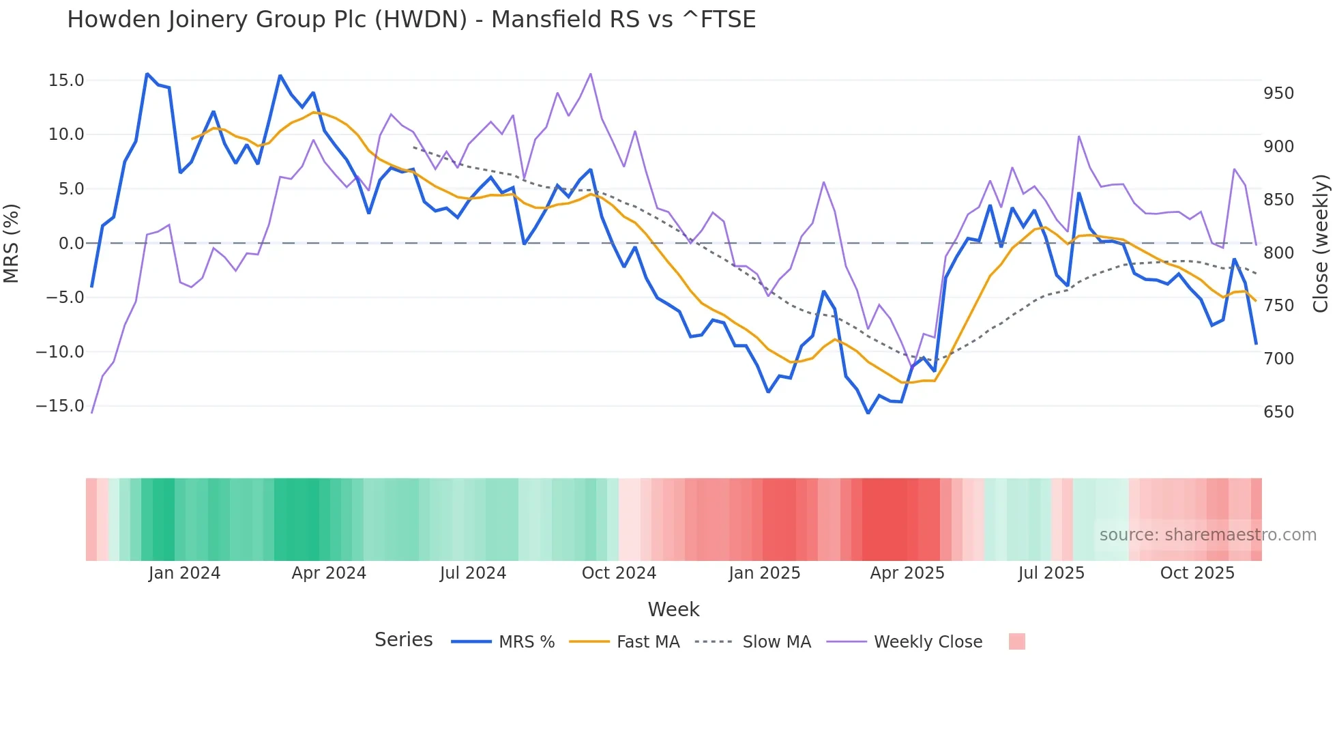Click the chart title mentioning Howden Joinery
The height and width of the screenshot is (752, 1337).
click(x=411, y=19)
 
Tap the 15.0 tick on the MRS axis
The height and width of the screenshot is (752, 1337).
click(x=66, y=81)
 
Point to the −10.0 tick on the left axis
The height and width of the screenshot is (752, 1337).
click(x=60, y=352)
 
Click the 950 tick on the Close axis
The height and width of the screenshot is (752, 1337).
click(x=1278, y=93)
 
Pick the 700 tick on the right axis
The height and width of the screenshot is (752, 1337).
click(x=1278, y=359)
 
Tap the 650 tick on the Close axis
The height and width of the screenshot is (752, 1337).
click(x=1278, y=412)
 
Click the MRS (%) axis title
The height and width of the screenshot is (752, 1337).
click(x=12, y=243)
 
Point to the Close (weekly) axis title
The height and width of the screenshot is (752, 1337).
click(x=1321, y=244)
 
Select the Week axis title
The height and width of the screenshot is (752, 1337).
click(x=673, y=609)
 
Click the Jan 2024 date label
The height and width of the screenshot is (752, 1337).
click(x=184, y=573)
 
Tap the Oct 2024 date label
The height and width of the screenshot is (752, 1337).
click(x=619, y=573)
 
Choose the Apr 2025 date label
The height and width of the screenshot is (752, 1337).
click(x=907, y=573)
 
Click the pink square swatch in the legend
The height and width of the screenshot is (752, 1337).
click(x=1016, y=641)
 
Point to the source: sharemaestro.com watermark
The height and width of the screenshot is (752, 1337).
click(x=1207, y=535)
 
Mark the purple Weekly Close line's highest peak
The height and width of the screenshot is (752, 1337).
click(x=590, y=74)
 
